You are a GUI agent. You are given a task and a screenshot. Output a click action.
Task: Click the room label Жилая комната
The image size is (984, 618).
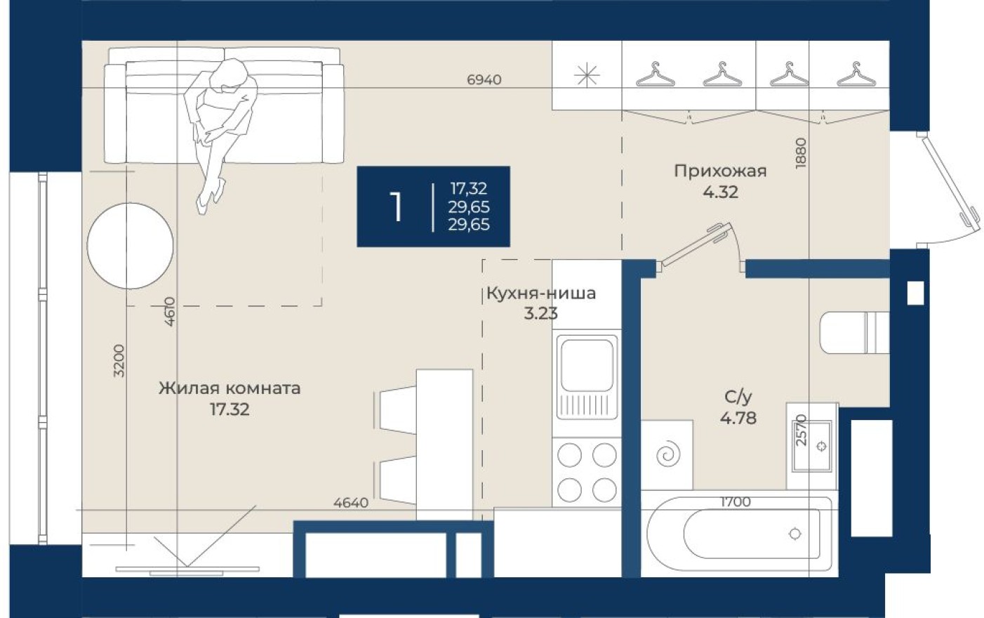click(229, 388)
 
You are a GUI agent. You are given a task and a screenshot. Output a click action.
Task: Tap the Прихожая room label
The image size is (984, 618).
click(720, 171)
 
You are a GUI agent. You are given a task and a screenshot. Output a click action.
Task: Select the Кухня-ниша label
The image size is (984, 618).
click(540, 293)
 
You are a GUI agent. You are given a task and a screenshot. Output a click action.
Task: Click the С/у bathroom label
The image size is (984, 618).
click(738, 397)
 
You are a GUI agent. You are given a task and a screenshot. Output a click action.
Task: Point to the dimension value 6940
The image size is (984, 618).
click(484, 80)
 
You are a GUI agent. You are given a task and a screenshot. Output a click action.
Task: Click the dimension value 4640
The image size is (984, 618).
click(350, 503)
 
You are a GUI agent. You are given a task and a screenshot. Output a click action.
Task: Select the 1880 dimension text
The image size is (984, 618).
click(802, 152)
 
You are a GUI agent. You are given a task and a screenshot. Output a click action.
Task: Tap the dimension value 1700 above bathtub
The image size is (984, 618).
click(736, 501)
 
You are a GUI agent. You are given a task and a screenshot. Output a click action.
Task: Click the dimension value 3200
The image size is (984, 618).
click(119, 361)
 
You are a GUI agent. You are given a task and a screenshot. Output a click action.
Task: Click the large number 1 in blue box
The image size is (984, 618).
click(397, 207)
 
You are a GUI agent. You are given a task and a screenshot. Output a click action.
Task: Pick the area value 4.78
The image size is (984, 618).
click(738, 419)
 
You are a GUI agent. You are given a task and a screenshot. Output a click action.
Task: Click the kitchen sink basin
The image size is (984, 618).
click(586, 364)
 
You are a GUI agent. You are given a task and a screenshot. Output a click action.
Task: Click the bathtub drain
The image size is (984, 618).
click(794, 534)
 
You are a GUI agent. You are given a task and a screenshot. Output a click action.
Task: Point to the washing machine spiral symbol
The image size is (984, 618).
click(667, 454)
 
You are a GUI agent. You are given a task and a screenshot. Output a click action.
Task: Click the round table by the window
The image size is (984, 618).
click(130, 246)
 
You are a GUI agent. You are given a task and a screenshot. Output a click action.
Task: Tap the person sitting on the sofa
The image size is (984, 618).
click(219, 126)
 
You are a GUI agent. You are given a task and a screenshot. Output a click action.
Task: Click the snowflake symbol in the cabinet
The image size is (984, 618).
click(587, 75)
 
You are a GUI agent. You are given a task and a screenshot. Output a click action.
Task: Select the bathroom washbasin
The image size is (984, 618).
click(813, 445)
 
